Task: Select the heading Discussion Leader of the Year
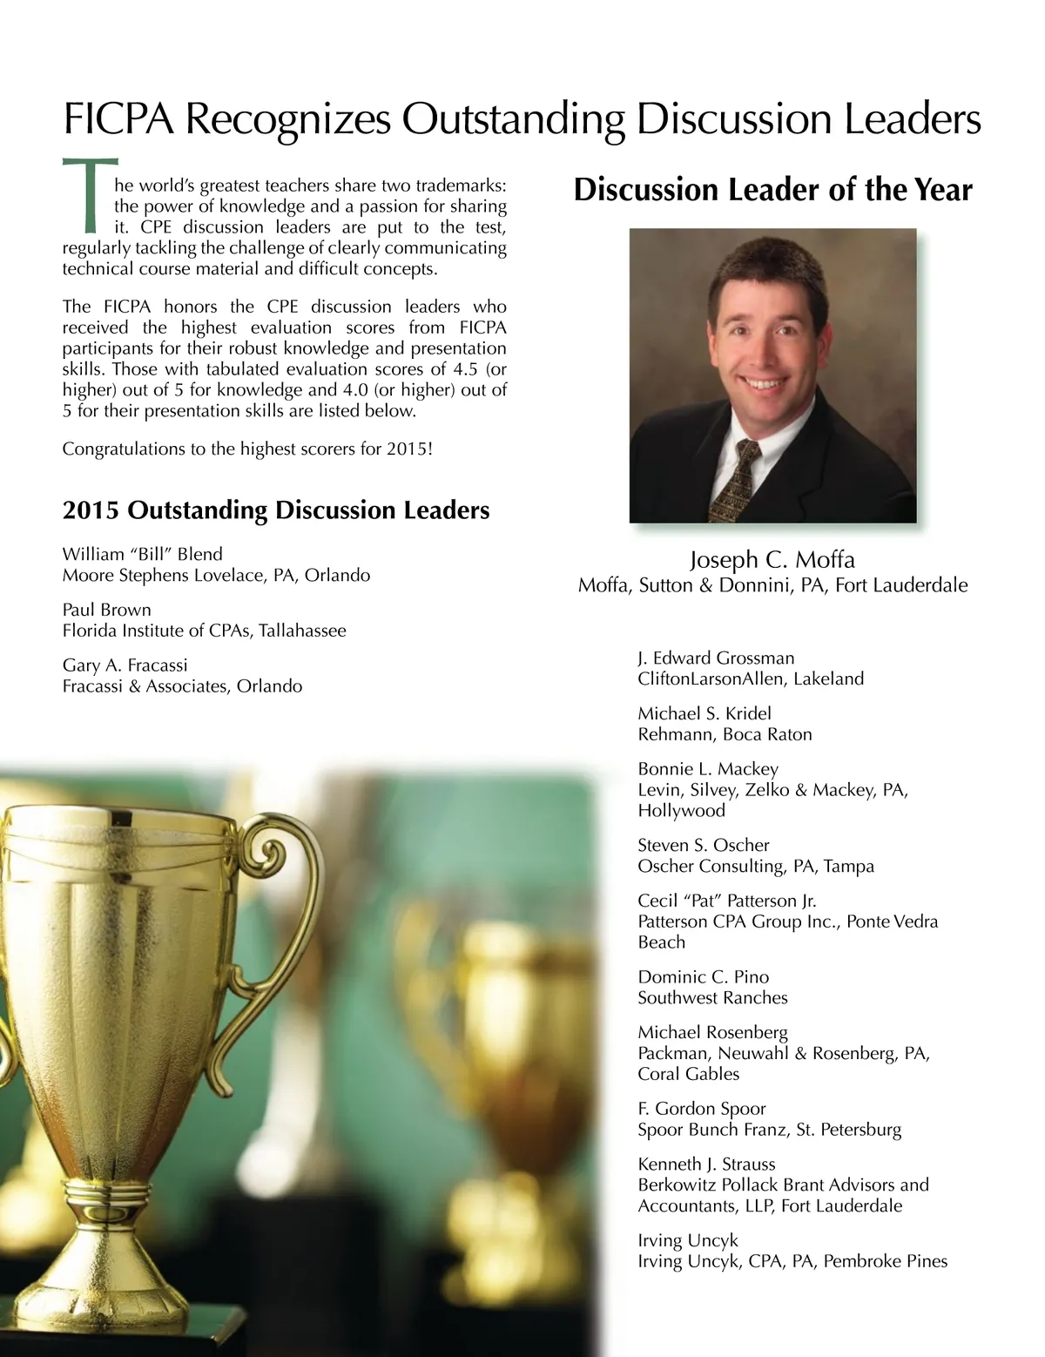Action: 772,190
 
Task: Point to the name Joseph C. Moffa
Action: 772,559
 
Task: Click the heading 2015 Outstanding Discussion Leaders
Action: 275,510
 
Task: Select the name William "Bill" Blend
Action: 142,554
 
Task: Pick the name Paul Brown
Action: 106,610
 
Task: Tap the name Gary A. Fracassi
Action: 125,665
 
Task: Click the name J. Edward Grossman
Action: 716,658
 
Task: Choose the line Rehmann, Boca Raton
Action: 725,734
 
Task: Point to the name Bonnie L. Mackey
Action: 707,769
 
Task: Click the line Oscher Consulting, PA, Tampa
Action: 755,866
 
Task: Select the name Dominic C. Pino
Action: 703,977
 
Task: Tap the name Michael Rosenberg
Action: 712,1032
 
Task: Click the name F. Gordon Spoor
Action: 701,1109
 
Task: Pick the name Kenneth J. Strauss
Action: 706,1165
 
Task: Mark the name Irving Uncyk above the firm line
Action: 688,1240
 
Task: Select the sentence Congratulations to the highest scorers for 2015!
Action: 247,449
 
